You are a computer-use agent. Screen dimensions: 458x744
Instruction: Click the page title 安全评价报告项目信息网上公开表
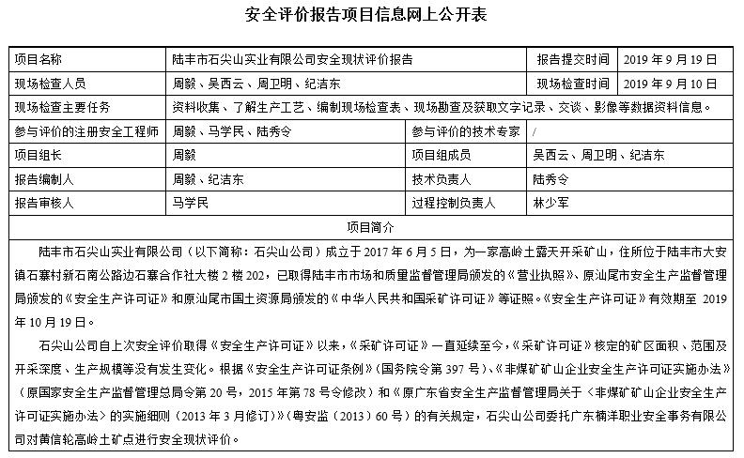371,16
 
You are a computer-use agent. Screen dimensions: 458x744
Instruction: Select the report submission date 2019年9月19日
662,58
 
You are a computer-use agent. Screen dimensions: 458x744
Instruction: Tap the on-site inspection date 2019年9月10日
662,83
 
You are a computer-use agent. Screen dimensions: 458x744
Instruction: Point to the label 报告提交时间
573,58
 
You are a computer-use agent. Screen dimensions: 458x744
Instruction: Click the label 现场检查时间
573,83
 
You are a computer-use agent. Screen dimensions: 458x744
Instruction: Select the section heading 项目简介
371,226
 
